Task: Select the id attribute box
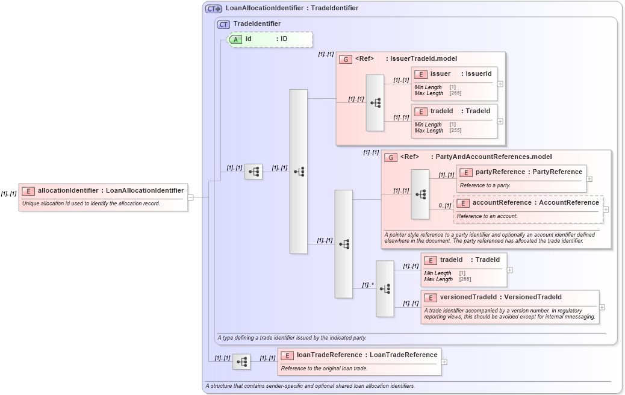pyautogui.click(x=270, y=39)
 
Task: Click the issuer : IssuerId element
pyautogui.click(x=455, y=83)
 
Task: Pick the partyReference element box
pyautogui.click(x=521, y=178)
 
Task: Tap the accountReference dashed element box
pyautogui.click(x=528, y=209)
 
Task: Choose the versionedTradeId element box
pyautogui.click(x=509, y=306)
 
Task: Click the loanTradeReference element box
pyautogui.click(x=359, y=361)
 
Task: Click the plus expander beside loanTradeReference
pyautogui.click(x=444, y=362)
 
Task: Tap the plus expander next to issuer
pyautogui.click(x=500, y=84)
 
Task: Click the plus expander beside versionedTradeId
pyautogui.click(x=602, y=307)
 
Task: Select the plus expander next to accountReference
pyautogui.click(x=606, y=210)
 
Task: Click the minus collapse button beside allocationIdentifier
pyautogui.click(x=190, y=197)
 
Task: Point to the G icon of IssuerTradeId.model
pyautogui.click(x=346, y=59)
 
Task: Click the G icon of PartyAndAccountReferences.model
pyautogui.click(x=391, y=157)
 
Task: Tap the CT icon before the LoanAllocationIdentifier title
pyautogui.click(x=214, y=8)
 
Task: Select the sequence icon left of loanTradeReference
pyautogui.click(x=241, y=362)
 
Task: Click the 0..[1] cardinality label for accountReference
pyautogui.click(x=445, y=205)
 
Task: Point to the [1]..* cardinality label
pyautogui.click(x=368, y=285)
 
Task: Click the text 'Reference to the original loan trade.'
pyautogui.click(x=324, y=368)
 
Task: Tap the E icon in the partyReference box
pyautogui.click(x=465, y=172)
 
